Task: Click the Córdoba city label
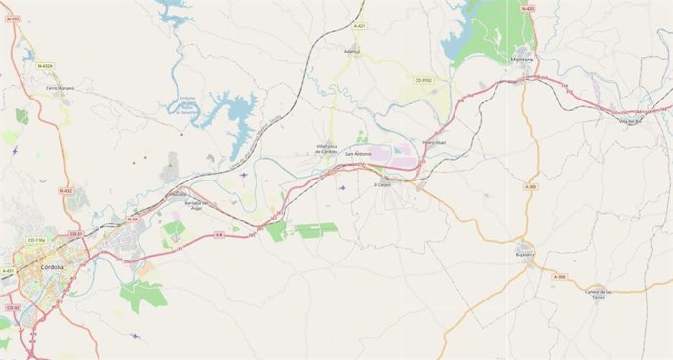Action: tap(53, 266)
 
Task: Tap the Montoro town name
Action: tap(522, 60)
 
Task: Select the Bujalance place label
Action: tap(527, 257)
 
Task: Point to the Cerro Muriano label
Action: tap(59, 88)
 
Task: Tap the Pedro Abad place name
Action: tap(434, 144)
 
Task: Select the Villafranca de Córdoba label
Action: tap(327, 150)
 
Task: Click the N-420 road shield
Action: tap(528, 8)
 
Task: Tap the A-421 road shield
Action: tap(360, 26)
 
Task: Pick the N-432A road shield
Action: tap(45, 66)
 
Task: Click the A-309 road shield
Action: tap(530, 186)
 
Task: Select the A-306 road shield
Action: tap(558, 277)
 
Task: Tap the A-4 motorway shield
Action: tap(218, 234)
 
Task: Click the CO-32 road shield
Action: tap(14, 307)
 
